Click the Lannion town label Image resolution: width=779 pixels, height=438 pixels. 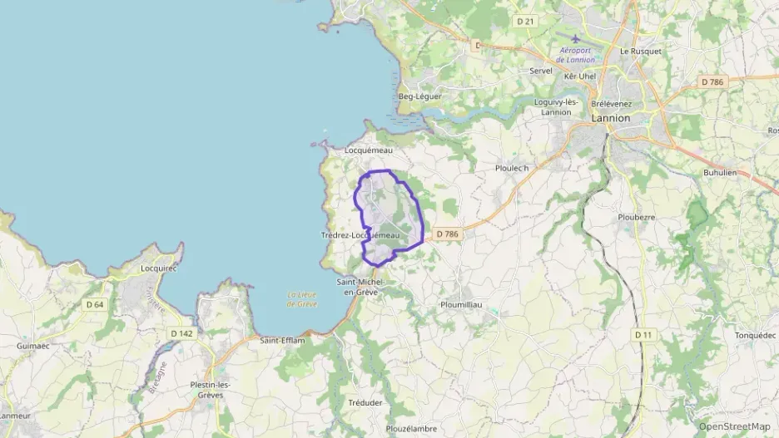(610, 118)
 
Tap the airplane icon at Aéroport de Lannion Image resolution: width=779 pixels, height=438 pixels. (576, 38)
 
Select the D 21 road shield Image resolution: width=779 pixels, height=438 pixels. (524, 21)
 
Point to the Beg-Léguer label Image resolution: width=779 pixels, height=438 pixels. (420, 96)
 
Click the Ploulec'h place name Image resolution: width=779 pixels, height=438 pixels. (512, 168)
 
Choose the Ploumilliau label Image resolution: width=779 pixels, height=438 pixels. (461, 305)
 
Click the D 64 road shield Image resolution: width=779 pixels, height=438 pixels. (95, 304)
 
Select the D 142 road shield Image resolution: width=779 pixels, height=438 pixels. (181, 333)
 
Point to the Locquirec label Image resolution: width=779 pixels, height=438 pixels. (160, 268)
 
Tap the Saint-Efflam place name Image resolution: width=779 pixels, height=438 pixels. (282, 341)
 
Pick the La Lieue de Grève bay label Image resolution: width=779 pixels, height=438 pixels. (304, 299)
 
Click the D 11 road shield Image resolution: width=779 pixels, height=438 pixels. (642, 334)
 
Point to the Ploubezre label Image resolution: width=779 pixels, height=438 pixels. (637, 217)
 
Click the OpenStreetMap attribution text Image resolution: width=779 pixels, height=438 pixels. (734, 426)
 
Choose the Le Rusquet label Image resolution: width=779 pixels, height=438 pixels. (641, 52)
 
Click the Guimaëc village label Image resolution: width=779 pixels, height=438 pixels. (34, 345)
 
